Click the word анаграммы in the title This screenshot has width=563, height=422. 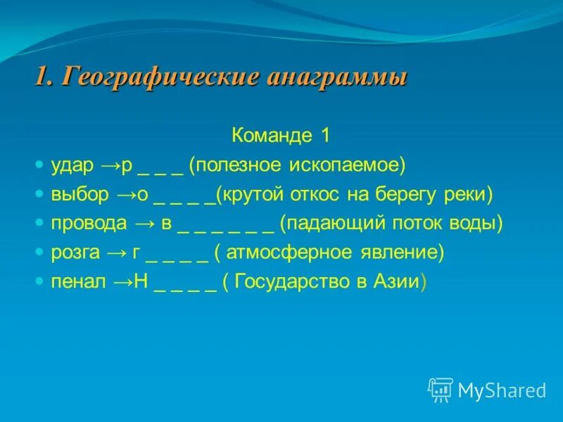(x=337, y=77)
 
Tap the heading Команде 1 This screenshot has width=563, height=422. (x=281, y=136)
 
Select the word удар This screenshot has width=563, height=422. (x=72, y=165)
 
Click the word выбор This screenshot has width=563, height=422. (x=80, y=195)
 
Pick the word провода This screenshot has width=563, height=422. (x=89, y=224)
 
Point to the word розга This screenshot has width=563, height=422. (x=76, y=252)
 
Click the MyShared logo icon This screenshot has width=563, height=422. (x=440, y=389)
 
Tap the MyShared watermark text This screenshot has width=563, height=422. (x=502, y=390)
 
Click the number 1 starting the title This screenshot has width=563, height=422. (x=41, y=77)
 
